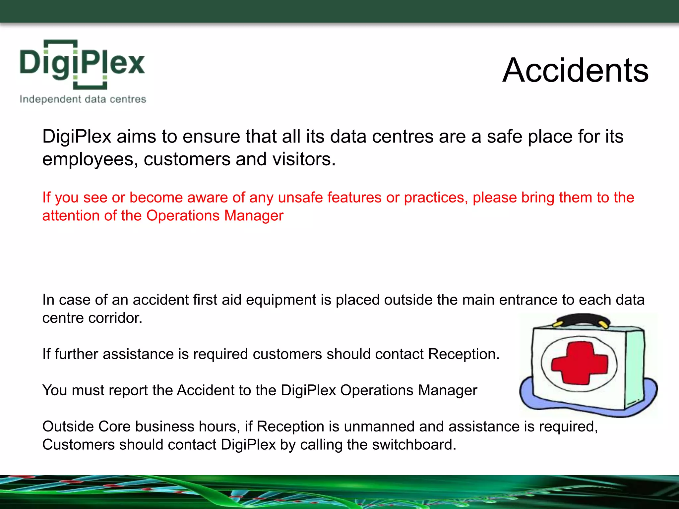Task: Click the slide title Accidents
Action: coord(575,70)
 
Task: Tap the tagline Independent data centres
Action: coord(83,99)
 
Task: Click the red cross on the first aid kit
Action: coord(579,363)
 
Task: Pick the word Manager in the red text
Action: coord(254,216)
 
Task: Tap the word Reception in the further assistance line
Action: coord(463,354)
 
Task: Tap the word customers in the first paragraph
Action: coord(187,159)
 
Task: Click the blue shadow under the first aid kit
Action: coord(530,398)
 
